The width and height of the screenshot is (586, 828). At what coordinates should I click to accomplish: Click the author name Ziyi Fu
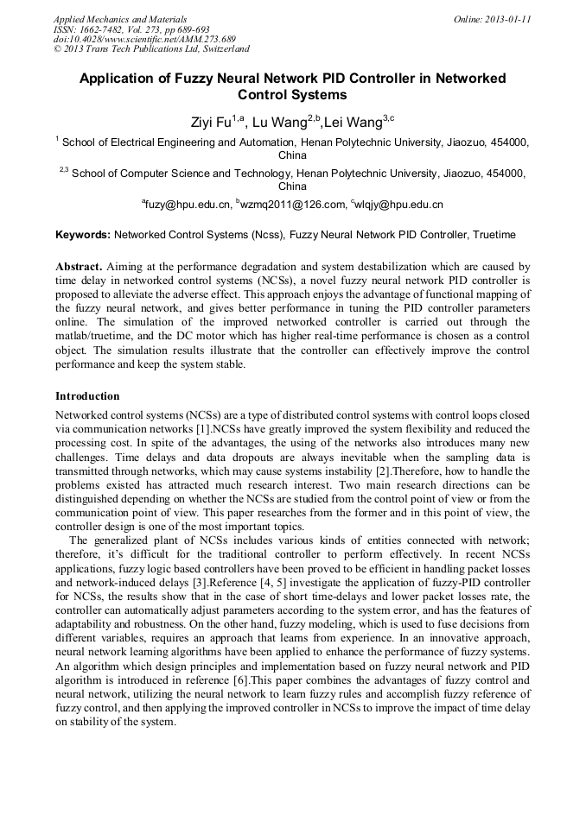tap(210, 120)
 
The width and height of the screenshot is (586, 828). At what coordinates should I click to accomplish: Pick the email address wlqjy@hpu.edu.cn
tap(398, 205)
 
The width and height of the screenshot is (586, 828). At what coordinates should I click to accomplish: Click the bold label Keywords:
tap(83, 235)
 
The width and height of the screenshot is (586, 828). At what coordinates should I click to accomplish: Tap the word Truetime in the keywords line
tap(491, 235)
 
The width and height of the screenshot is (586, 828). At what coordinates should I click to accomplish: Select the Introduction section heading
tap(87, 396)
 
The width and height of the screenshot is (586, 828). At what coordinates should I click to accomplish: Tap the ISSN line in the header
tap(131, 28)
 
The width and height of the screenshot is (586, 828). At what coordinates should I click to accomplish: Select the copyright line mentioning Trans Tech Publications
tap(151, 49)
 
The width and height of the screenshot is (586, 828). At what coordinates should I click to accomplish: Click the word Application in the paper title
tap(121, 79)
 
